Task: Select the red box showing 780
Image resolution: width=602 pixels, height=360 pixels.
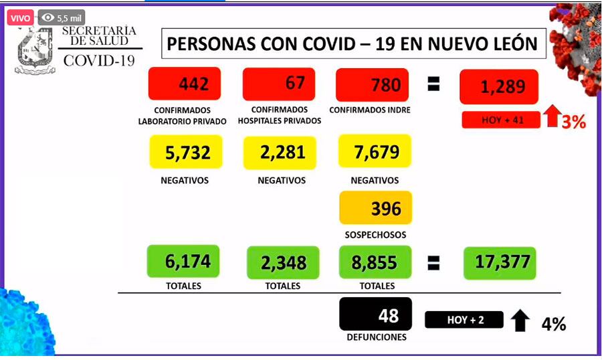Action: [373, 85]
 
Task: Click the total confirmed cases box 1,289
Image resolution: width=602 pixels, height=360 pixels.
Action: [499, 86]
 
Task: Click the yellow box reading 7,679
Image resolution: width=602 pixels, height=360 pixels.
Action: [375, 151]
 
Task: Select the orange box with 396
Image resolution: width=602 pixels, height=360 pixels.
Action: [375, 208]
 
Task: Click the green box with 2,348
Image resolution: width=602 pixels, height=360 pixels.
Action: [282, 262]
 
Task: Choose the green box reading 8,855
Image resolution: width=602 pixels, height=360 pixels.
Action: [375, 262]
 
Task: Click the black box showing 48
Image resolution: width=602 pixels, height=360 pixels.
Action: [375, 314]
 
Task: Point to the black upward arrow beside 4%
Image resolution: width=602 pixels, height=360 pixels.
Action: [518, 322]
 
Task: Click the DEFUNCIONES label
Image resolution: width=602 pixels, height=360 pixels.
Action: [376, 337]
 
